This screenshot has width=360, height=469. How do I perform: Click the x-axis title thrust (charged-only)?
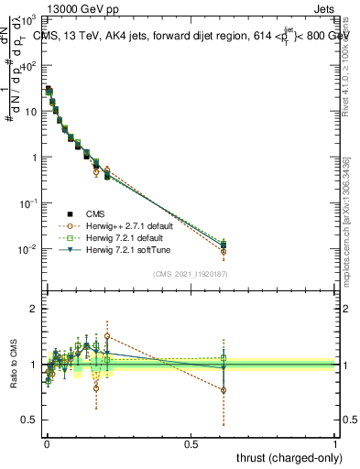285,456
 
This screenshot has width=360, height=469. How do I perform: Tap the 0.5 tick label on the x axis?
191,443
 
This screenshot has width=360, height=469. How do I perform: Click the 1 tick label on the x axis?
335,443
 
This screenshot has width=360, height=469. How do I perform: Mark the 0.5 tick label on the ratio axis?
30,420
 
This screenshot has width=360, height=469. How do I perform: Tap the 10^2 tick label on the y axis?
29,66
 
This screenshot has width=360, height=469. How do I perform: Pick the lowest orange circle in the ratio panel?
223,390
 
